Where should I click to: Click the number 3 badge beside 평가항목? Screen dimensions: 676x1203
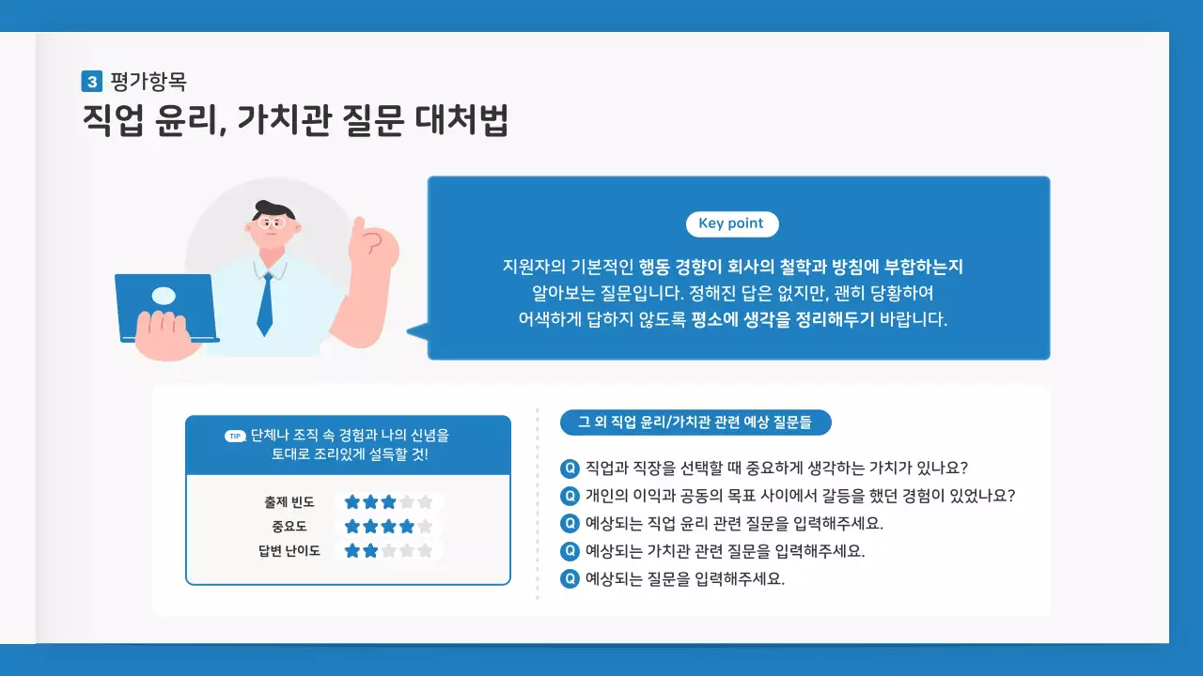tap(91, 82)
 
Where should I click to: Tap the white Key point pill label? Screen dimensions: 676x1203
tap(732, 224)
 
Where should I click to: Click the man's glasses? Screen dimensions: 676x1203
tap(272, 223)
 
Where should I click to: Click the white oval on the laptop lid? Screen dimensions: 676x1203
tap(164, 296)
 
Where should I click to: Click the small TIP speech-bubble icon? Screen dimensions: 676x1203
tap(235, 437)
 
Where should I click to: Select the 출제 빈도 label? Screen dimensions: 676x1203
tap(289, 502)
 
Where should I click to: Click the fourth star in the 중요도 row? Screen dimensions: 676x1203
tap(406, 527)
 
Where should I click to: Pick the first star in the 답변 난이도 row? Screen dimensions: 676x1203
tap(352, 551)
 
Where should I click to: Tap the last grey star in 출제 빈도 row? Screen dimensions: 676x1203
tap(425, 502)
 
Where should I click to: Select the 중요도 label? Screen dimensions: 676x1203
tap(289, 527)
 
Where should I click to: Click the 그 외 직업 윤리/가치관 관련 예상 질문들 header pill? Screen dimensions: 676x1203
tap(695, 422)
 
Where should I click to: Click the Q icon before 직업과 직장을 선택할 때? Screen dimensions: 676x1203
tap(570, 468)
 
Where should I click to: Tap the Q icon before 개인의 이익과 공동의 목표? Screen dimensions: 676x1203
tap(570, 496)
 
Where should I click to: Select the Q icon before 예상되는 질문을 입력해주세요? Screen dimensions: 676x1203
tap(570, 578)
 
